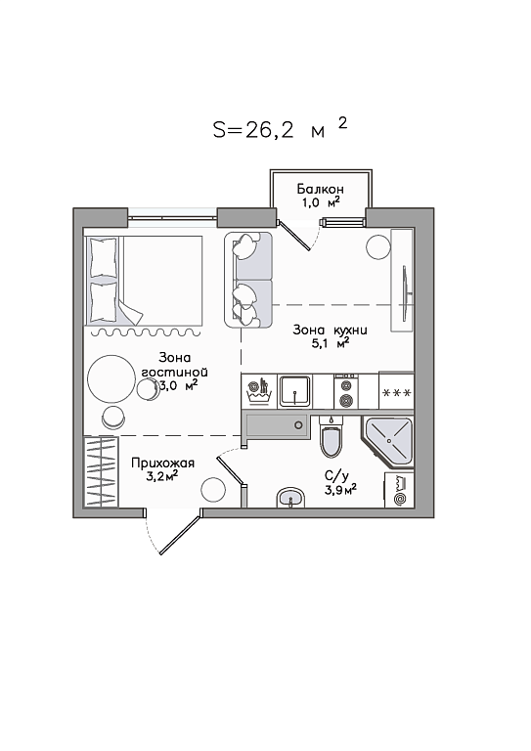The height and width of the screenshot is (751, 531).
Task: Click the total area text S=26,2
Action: click(253, 129)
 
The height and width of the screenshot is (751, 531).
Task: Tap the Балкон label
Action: click(320, 188)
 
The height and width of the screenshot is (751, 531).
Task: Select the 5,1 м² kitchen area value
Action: click(330, 343)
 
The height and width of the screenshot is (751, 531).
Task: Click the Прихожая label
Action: click(162, 464)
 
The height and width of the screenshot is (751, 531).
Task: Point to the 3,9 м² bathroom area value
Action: click(340, 490)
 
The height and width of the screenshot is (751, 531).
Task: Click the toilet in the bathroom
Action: click(332, 436)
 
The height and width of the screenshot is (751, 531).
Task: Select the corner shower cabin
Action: click(389, 441)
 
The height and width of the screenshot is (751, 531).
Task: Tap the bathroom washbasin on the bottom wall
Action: click(290, 498)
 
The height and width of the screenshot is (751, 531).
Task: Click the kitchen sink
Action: click(295, 391)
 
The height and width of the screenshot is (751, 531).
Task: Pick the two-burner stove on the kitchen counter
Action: click(346, 391)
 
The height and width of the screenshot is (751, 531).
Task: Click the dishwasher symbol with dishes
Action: click(258, 391)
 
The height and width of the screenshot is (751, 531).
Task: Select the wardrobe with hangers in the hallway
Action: click(101, 471)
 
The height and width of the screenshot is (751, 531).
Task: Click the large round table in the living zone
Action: click(111, 379)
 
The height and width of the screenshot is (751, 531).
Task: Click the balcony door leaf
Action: click(294, 236)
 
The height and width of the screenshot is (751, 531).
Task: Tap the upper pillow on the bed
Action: click(103, 258)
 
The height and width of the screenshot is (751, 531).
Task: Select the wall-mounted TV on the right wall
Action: click(406, 290)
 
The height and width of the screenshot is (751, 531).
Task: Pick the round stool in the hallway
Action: click(213, 490)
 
